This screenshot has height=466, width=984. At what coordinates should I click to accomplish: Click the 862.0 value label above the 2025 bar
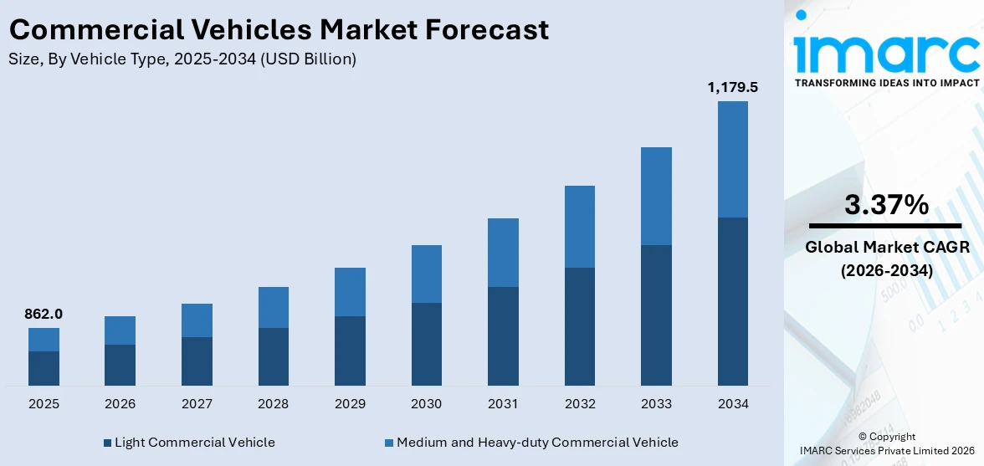click(x=44, y=315)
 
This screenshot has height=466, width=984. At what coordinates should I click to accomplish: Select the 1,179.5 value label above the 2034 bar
click(x=732, y=87)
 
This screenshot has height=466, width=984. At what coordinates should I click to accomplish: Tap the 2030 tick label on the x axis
click(x=426, y=404)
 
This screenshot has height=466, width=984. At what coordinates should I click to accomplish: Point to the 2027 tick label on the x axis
click(x=197, y=404)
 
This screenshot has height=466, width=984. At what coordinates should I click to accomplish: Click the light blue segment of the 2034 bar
click(x=732, y=159)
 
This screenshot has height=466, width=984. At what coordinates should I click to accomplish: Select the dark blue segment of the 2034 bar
click(x=732, y=301)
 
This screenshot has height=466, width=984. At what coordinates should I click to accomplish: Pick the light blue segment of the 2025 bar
click(x=44, y=340)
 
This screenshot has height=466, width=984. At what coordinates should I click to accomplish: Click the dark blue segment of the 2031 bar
click(x=503, y=335)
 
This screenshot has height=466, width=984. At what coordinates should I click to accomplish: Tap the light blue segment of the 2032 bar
click(x=579, y=227)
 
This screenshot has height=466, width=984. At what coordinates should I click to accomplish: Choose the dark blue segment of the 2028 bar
click(x=273, y=356)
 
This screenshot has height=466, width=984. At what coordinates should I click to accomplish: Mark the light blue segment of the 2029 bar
click(x=350, y=292)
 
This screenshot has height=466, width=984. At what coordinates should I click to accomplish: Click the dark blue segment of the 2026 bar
click(x=120, y=365)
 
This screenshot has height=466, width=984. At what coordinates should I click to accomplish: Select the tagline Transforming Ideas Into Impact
click(x=886, y=83)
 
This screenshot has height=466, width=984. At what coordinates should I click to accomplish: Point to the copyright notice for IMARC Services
click(x=886, y=443)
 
